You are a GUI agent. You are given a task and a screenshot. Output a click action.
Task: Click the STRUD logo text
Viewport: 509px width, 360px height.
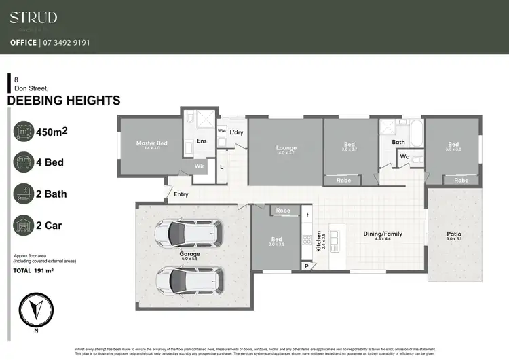click(x=33, y=18)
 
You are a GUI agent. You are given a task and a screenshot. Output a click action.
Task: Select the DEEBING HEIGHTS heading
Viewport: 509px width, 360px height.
click(x=64, y=101)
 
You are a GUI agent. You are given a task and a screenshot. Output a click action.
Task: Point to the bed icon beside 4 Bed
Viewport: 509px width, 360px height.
click(x=23, y=162)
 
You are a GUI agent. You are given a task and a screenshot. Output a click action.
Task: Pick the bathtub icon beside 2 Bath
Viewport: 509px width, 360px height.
click(x=23, y=194)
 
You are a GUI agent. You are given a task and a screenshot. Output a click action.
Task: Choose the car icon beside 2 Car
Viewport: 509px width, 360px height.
click(x=23, y=225)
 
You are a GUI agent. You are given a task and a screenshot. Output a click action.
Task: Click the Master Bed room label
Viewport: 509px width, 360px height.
click(x=151, y=143)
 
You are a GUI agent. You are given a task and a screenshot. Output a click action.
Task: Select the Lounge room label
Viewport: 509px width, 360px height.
click(x=285, y=147)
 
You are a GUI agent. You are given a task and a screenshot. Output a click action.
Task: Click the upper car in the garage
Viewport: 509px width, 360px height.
click(x=186, y=234)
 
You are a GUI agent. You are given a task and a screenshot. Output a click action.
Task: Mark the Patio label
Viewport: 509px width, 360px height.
click(x=453, y=234)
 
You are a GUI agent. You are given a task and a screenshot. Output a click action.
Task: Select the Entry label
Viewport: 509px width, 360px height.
click(x=181, y=194)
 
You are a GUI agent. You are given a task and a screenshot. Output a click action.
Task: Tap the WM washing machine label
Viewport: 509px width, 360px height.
click(x=221, y=131)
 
